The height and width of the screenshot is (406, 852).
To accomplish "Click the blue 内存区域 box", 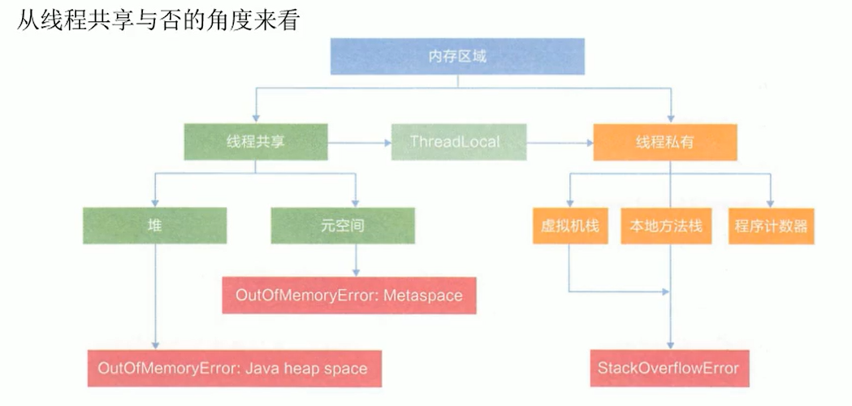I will point(456,57).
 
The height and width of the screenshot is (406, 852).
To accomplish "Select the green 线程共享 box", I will point(255,141).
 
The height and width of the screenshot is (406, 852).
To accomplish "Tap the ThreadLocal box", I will point(458,141).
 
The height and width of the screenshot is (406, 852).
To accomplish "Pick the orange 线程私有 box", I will point(664,142).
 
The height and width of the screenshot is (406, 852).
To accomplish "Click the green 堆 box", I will point(154,226).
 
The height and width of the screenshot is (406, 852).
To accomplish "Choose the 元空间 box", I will point(342,226).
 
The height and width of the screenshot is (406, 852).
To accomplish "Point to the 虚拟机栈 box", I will point(569,226).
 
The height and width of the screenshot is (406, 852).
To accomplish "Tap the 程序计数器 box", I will point(771,226).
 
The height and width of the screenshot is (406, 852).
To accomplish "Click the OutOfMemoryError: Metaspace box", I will point(348,295).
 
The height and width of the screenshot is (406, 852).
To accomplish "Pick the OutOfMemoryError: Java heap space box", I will point(232,368).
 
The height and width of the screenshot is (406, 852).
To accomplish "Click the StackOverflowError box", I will point(668,368).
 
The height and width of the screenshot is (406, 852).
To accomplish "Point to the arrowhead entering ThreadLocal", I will point(385,143).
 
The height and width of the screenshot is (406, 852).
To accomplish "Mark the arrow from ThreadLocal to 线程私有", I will point(560,143).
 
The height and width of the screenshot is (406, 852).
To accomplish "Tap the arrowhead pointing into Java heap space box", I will point(154,344).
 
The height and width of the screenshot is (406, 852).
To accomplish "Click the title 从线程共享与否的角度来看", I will point(158,19).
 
